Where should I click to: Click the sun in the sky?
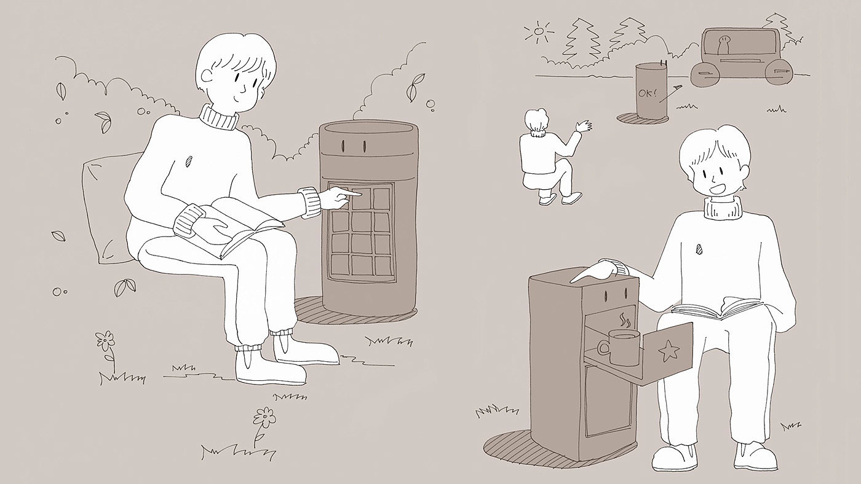pos(540,31)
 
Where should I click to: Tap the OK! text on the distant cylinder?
pos(648,93)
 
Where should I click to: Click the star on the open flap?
pos(669,351)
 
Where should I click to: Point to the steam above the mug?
pos(625,320)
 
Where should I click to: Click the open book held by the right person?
pos(717,308)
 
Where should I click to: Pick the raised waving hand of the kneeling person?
pos(584,126)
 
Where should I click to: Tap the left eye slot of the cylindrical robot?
pos(344,146)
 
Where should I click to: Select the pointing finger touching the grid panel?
pos(352,193)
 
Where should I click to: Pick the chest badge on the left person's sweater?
pos(188,160)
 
